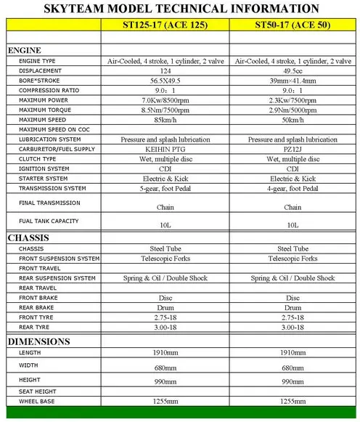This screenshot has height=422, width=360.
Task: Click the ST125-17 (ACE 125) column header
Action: tap(165, 24)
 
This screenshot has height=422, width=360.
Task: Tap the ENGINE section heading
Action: tap(25, 50)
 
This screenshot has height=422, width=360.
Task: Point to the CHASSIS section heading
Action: tap(28, 238)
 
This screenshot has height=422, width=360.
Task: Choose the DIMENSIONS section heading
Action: tap(38, 341)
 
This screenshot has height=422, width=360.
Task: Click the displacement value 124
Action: tap(165, 70)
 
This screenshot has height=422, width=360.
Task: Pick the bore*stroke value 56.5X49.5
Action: tap(165, 81)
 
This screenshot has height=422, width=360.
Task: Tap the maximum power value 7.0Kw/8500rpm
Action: tap(165, 100)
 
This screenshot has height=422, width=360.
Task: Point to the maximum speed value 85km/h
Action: tap(165, 119)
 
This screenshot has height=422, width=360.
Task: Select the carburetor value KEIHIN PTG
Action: tap(165, 148)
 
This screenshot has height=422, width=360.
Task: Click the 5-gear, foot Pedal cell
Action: tap(165, 187)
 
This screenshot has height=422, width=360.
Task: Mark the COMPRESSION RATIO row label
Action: tap(49, 90)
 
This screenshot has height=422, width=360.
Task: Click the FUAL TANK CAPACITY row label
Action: tap(49, 221)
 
